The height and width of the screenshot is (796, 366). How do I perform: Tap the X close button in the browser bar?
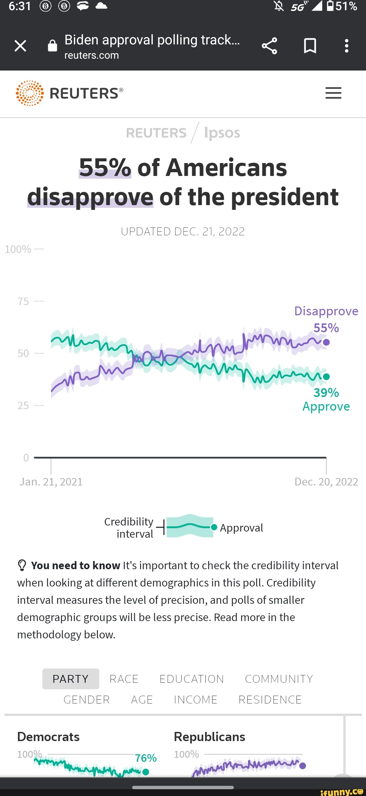(20, 45)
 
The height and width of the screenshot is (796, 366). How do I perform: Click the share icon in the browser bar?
(269, 46)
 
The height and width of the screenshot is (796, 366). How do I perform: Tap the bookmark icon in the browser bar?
(310, 46)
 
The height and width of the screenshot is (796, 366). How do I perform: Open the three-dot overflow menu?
(346, 46)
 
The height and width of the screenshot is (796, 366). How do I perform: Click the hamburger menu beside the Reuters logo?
(333, 93)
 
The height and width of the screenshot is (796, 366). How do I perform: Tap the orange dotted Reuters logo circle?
(30, 93)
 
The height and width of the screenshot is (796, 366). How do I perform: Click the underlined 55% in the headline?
(105, 167)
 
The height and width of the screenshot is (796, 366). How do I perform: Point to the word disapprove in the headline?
(90, 197)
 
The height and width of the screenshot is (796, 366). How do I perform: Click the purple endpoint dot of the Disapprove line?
(326, 342)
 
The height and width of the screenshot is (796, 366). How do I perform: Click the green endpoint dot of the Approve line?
(326, 377)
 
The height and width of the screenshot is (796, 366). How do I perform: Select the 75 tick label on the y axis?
(23, 301)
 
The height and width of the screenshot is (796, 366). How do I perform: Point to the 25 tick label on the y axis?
(23, 405)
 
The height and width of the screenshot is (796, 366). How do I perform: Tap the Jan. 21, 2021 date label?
(51, 482)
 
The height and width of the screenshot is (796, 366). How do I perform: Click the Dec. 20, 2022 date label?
(326, 482)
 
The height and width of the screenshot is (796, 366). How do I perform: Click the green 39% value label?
(326, 393)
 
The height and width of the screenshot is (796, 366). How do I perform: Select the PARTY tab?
(70, 679)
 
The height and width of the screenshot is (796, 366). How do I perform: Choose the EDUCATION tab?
(191, 679)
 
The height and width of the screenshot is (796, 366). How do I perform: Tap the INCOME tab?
(196, 699)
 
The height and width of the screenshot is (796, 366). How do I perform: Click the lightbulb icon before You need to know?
(22, 565)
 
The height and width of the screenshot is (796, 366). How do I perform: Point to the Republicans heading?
(209, 737)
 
